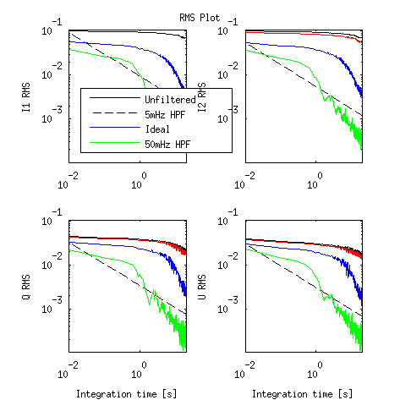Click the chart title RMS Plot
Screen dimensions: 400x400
point(200,18)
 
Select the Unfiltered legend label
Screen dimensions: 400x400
point(170,99)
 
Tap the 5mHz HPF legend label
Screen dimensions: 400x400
point(165,114)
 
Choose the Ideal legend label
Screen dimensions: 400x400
point(157,129)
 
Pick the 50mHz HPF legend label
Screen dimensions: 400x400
point(167,145)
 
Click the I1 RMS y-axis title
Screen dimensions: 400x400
point(26,97)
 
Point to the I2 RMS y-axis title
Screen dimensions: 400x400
point(202,97)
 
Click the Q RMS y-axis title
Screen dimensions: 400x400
point(26,287)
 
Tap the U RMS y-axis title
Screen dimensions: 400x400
point(202,287)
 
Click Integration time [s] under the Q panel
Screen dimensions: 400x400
point(127,394)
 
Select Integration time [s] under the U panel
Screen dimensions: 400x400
point(302,394)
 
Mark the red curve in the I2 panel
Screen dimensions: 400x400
point(304,34)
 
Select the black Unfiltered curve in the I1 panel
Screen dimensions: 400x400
point(127,31)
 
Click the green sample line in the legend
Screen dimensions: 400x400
point(115,143)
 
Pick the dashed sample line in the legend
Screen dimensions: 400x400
point(115,112)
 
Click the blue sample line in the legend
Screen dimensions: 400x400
point(115,128)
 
